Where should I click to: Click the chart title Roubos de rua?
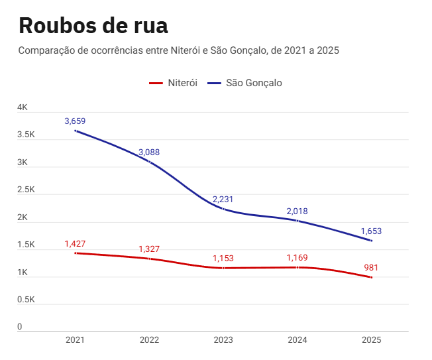93,25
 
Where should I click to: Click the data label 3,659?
75,121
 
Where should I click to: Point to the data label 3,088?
149,152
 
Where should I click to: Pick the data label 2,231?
223,199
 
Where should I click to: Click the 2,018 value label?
297,211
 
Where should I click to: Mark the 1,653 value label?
371,231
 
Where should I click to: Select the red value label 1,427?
75,243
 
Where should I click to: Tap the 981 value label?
372,267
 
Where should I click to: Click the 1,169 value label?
297,257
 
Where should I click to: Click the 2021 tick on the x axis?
75,340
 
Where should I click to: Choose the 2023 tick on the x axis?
223,340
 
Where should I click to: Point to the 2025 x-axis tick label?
372,340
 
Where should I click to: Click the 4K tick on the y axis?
23,107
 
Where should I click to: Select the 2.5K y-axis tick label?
26,190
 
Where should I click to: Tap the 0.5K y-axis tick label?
26,300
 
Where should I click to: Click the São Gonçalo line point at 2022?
149,162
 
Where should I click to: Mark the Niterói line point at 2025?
372,277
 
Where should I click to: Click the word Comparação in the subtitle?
47,50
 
